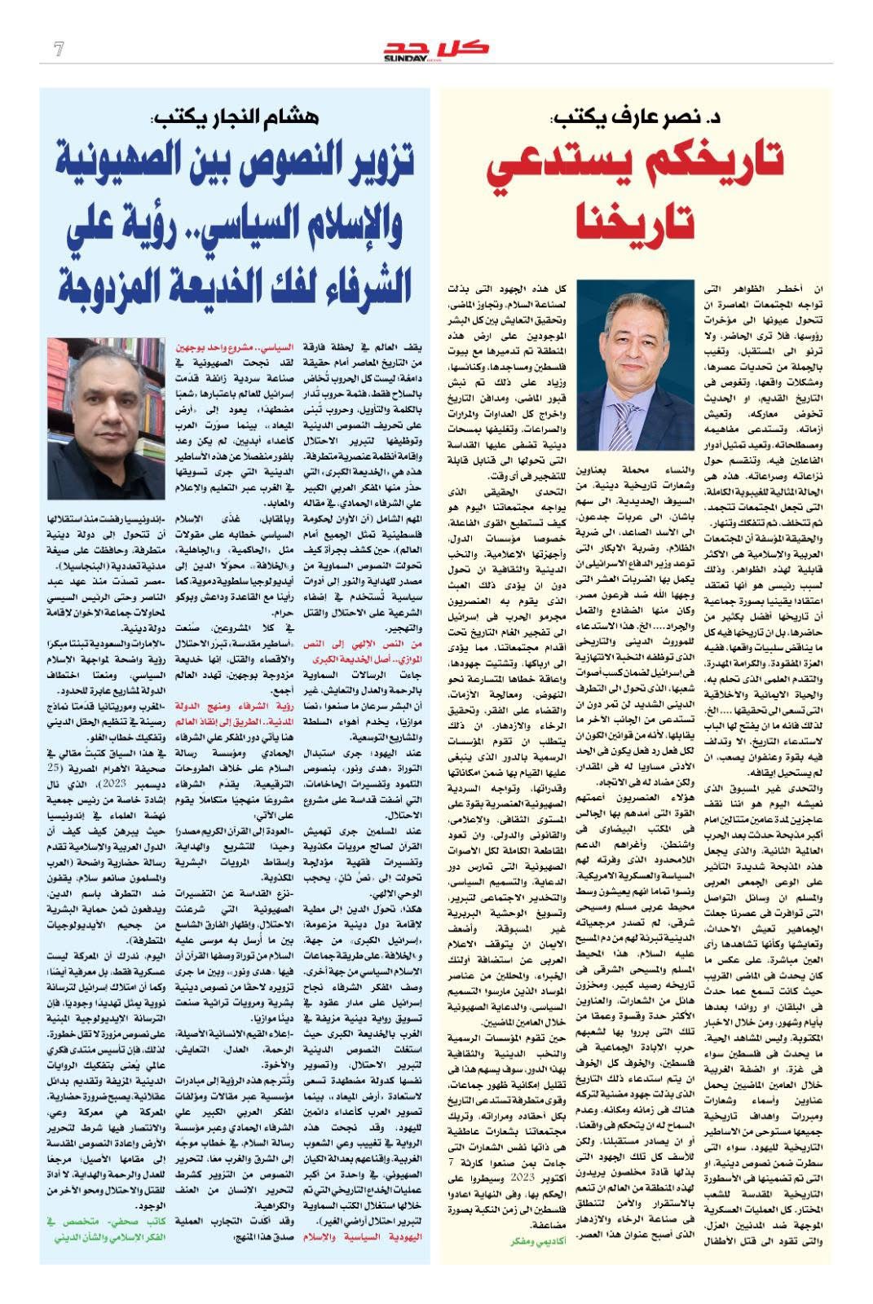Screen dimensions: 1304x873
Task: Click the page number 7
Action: click(x=58, y=50)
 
